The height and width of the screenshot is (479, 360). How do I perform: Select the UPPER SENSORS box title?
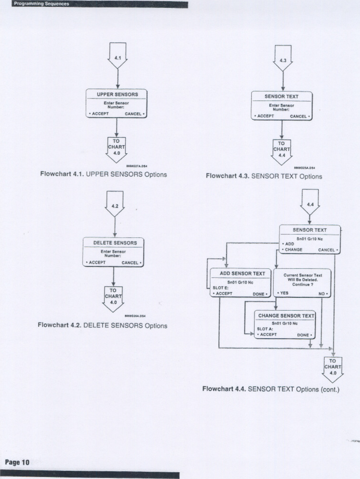117,94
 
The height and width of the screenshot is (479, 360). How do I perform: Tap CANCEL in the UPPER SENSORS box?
134,114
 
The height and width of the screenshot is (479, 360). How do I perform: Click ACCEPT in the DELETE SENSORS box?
97,263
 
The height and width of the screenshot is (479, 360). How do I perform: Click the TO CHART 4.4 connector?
281,151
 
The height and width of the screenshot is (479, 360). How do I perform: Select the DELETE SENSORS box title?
115,243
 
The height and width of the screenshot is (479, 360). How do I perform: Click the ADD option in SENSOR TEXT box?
289,244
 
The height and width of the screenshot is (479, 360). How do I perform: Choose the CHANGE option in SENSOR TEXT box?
293,250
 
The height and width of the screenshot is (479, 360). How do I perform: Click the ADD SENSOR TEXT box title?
242,273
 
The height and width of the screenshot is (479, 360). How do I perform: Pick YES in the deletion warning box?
284,293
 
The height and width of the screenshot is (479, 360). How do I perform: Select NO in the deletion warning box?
322,294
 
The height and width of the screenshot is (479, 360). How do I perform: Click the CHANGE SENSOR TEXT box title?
286,316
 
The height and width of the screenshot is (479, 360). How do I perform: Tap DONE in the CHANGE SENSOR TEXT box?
304,335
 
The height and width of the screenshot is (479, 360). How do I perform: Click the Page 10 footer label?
17,462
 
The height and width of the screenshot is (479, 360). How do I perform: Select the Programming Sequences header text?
41,4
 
